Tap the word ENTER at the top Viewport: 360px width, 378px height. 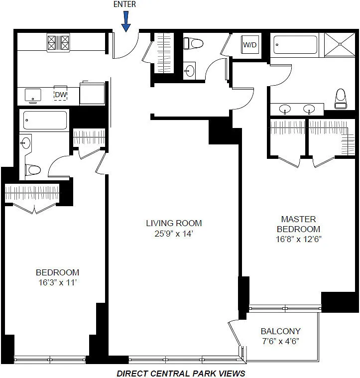click(124, 4)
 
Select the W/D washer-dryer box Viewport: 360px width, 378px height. click(250, 45)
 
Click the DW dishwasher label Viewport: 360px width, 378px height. click(60, 95)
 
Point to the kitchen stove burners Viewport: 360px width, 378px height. click(58, 43)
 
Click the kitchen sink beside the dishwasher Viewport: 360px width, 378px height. click(33, 96)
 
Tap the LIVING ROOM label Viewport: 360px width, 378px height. click(174, 223)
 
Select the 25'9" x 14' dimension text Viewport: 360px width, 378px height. click(174, 234)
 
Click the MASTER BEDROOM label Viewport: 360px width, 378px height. click(299, 224)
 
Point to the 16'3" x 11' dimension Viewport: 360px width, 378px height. click(58, 282)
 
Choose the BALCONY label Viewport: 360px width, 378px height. click(281, 331)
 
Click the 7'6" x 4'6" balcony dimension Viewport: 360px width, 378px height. click(281, 341)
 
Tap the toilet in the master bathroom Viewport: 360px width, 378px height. click(341, 99)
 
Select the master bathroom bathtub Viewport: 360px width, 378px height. click(295, 45)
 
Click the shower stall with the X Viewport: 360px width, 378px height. click(340, 45)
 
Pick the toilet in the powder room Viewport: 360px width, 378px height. click(193, 44)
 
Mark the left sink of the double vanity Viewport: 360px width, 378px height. click(285, 109)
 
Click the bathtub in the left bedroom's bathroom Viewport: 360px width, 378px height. click(45, 121)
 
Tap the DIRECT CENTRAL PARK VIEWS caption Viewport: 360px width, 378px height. click(181, 374)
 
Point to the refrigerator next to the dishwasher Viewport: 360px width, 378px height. click(92, 94)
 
